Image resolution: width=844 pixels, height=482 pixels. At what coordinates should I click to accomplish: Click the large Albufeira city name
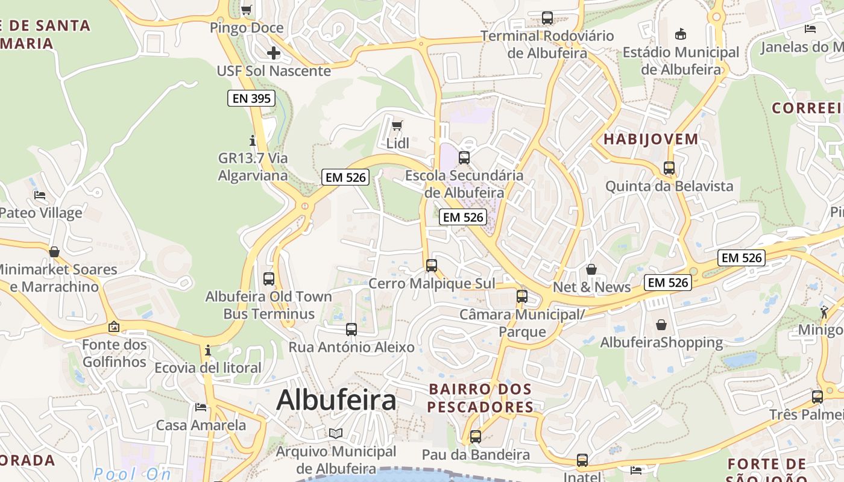tap(336, 400)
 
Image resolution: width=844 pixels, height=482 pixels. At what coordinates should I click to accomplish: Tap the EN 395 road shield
tap(251, 98)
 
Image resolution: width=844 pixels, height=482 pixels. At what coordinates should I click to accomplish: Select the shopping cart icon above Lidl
tap(397, 125)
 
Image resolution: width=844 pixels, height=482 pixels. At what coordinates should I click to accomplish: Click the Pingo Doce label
tap(246, 28)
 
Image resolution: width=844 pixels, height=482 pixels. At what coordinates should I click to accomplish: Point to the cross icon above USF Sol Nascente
tap(274, 53)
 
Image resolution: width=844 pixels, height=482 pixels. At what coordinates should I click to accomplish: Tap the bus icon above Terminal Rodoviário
tap(547, 18)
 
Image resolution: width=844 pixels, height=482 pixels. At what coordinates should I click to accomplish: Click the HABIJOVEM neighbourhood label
tap(650, 139)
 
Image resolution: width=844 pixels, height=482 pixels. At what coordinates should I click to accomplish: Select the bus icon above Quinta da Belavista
tap(669, 168)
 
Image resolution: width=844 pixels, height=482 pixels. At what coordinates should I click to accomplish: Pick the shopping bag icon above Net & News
tap(591, 269)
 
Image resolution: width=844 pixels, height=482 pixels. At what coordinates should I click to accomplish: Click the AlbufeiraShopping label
tap(661, 343)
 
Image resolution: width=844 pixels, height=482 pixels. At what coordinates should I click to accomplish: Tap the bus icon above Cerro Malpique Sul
tap(431, 266)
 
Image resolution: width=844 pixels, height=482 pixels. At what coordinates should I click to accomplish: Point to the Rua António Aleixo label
tap(351, 347)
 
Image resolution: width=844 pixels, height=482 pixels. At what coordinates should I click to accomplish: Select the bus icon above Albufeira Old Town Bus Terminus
tap(269, 279)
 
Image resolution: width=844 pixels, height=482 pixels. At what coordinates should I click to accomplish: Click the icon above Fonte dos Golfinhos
tap(114, 327)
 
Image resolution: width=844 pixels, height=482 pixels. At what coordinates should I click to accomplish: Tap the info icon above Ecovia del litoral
tap(208, 350)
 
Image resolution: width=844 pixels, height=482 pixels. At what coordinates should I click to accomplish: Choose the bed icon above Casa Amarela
tap(201, 407)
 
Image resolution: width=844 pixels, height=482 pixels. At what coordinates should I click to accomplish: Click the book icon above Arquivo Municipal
tap(336, 433)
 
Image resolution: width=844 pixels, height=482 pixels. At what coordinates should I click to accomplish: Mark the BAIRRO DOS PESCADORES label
tap(480, 398)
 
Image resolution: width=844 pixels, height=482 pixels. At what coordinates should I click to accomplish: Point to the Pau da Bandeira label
tap(476, 454)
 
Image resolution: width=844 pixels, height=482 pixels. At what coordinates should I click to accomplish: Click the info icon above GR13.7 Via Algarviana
tap(253, 140)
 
